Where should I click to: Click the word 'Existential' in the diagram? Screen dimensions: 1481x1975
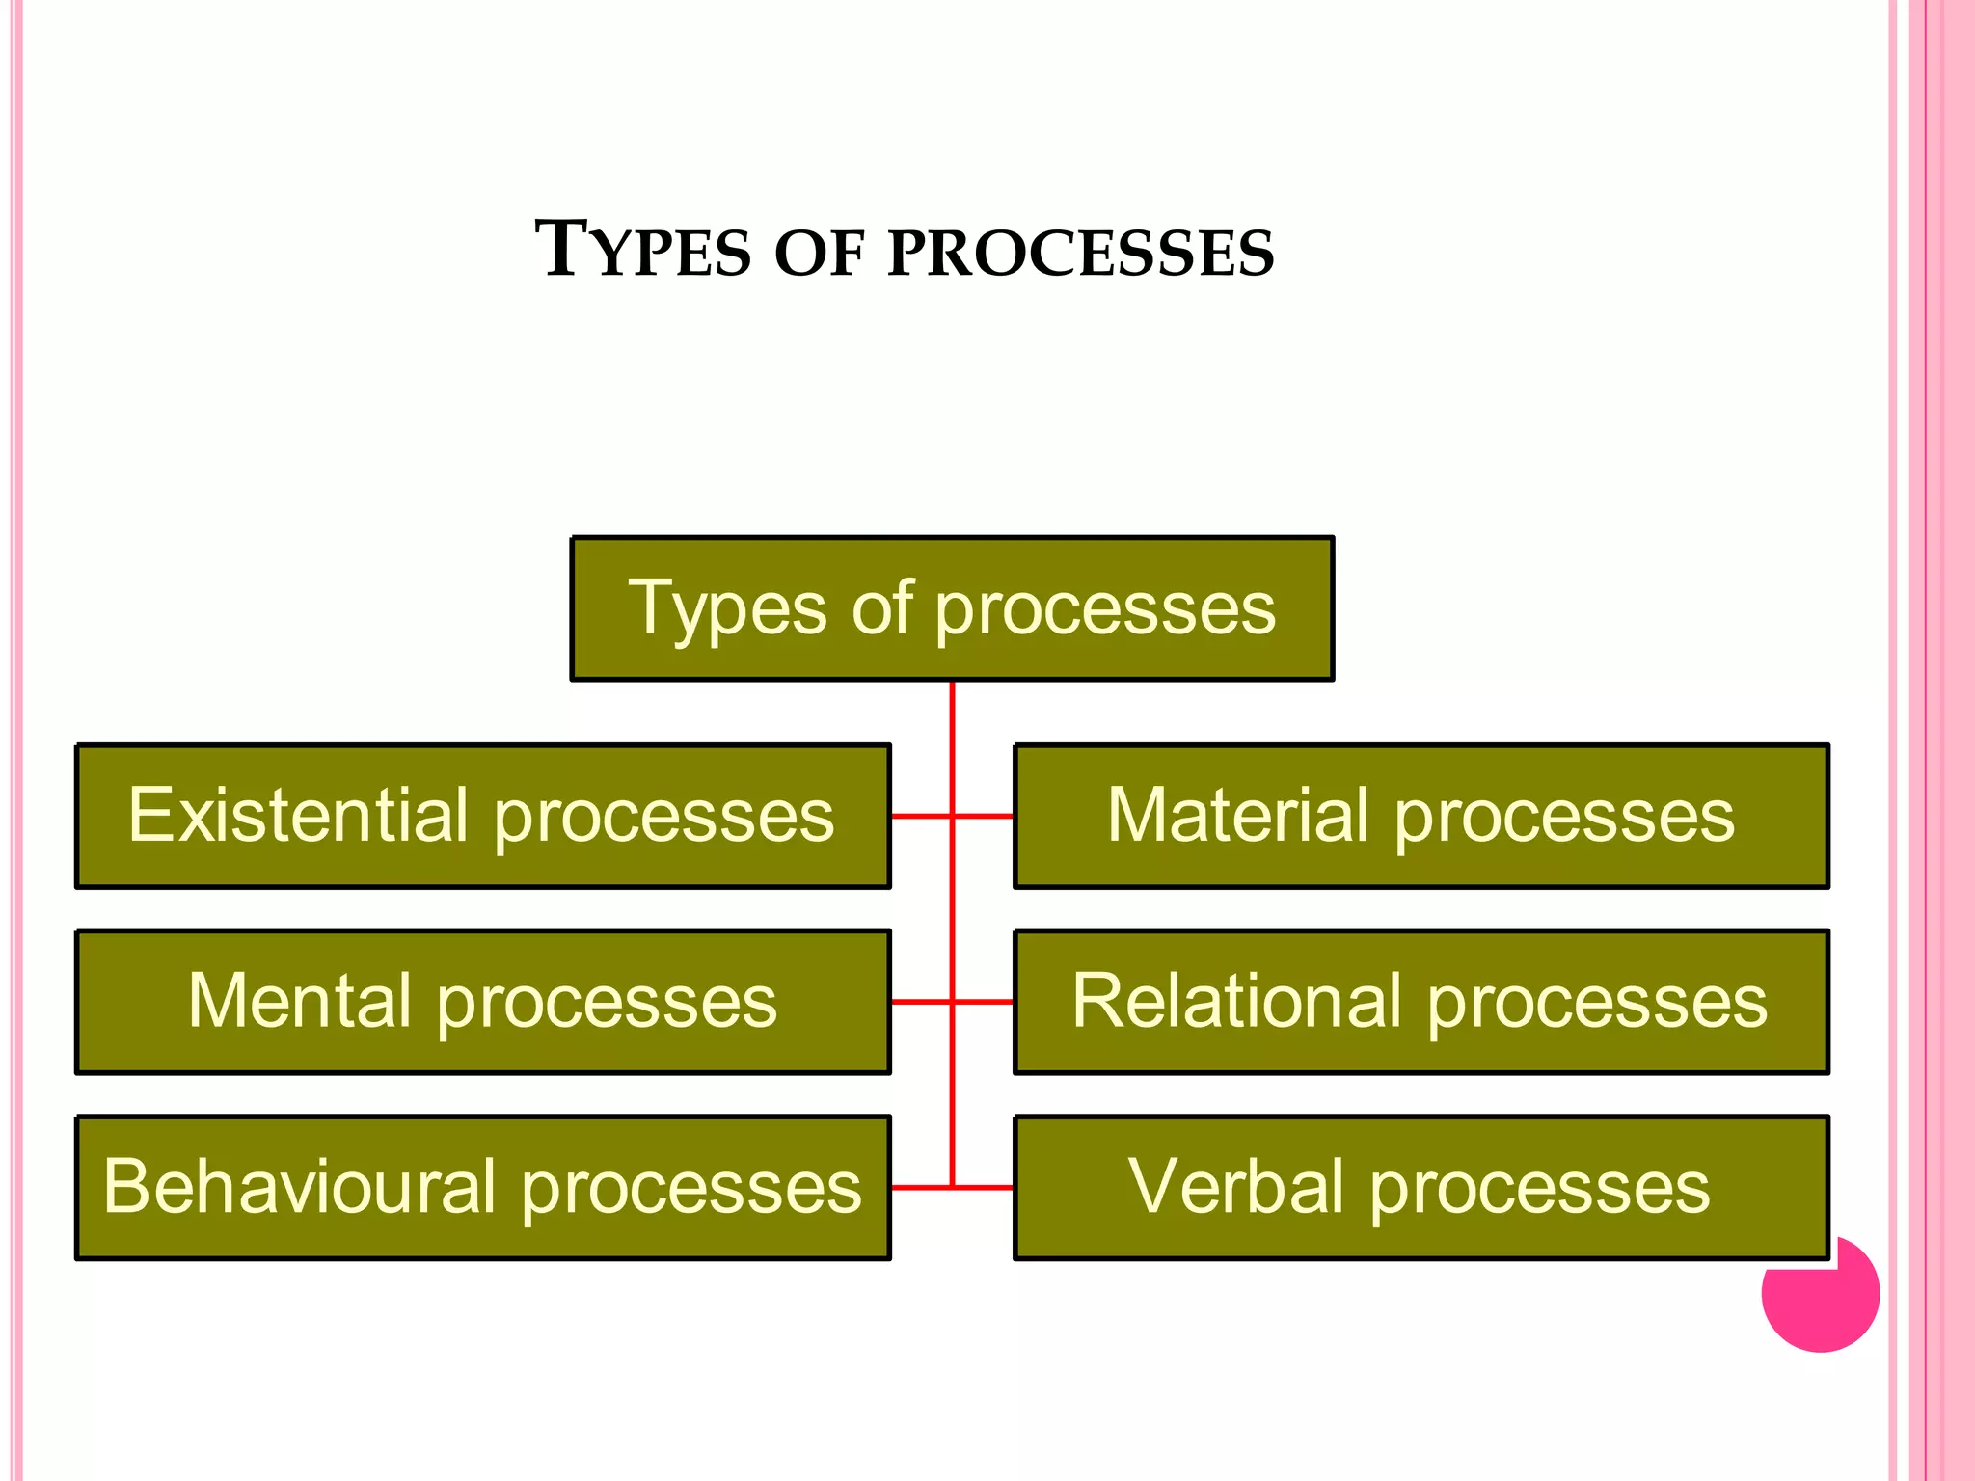tap(298, 816)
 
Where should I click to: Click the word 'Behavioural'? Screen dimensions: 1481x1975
tap(299, 1186)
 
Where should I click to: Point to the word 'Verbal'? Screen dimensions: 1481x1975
tap(1236, 1186)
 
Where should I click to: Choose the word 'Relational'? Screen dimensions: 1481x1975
tap(1237, 1001)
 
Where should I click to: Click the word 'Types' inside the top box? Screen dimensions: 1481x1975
tap(728, 609)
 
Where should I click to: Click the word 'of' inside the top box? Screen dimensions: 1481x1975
tap(881, 607)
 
